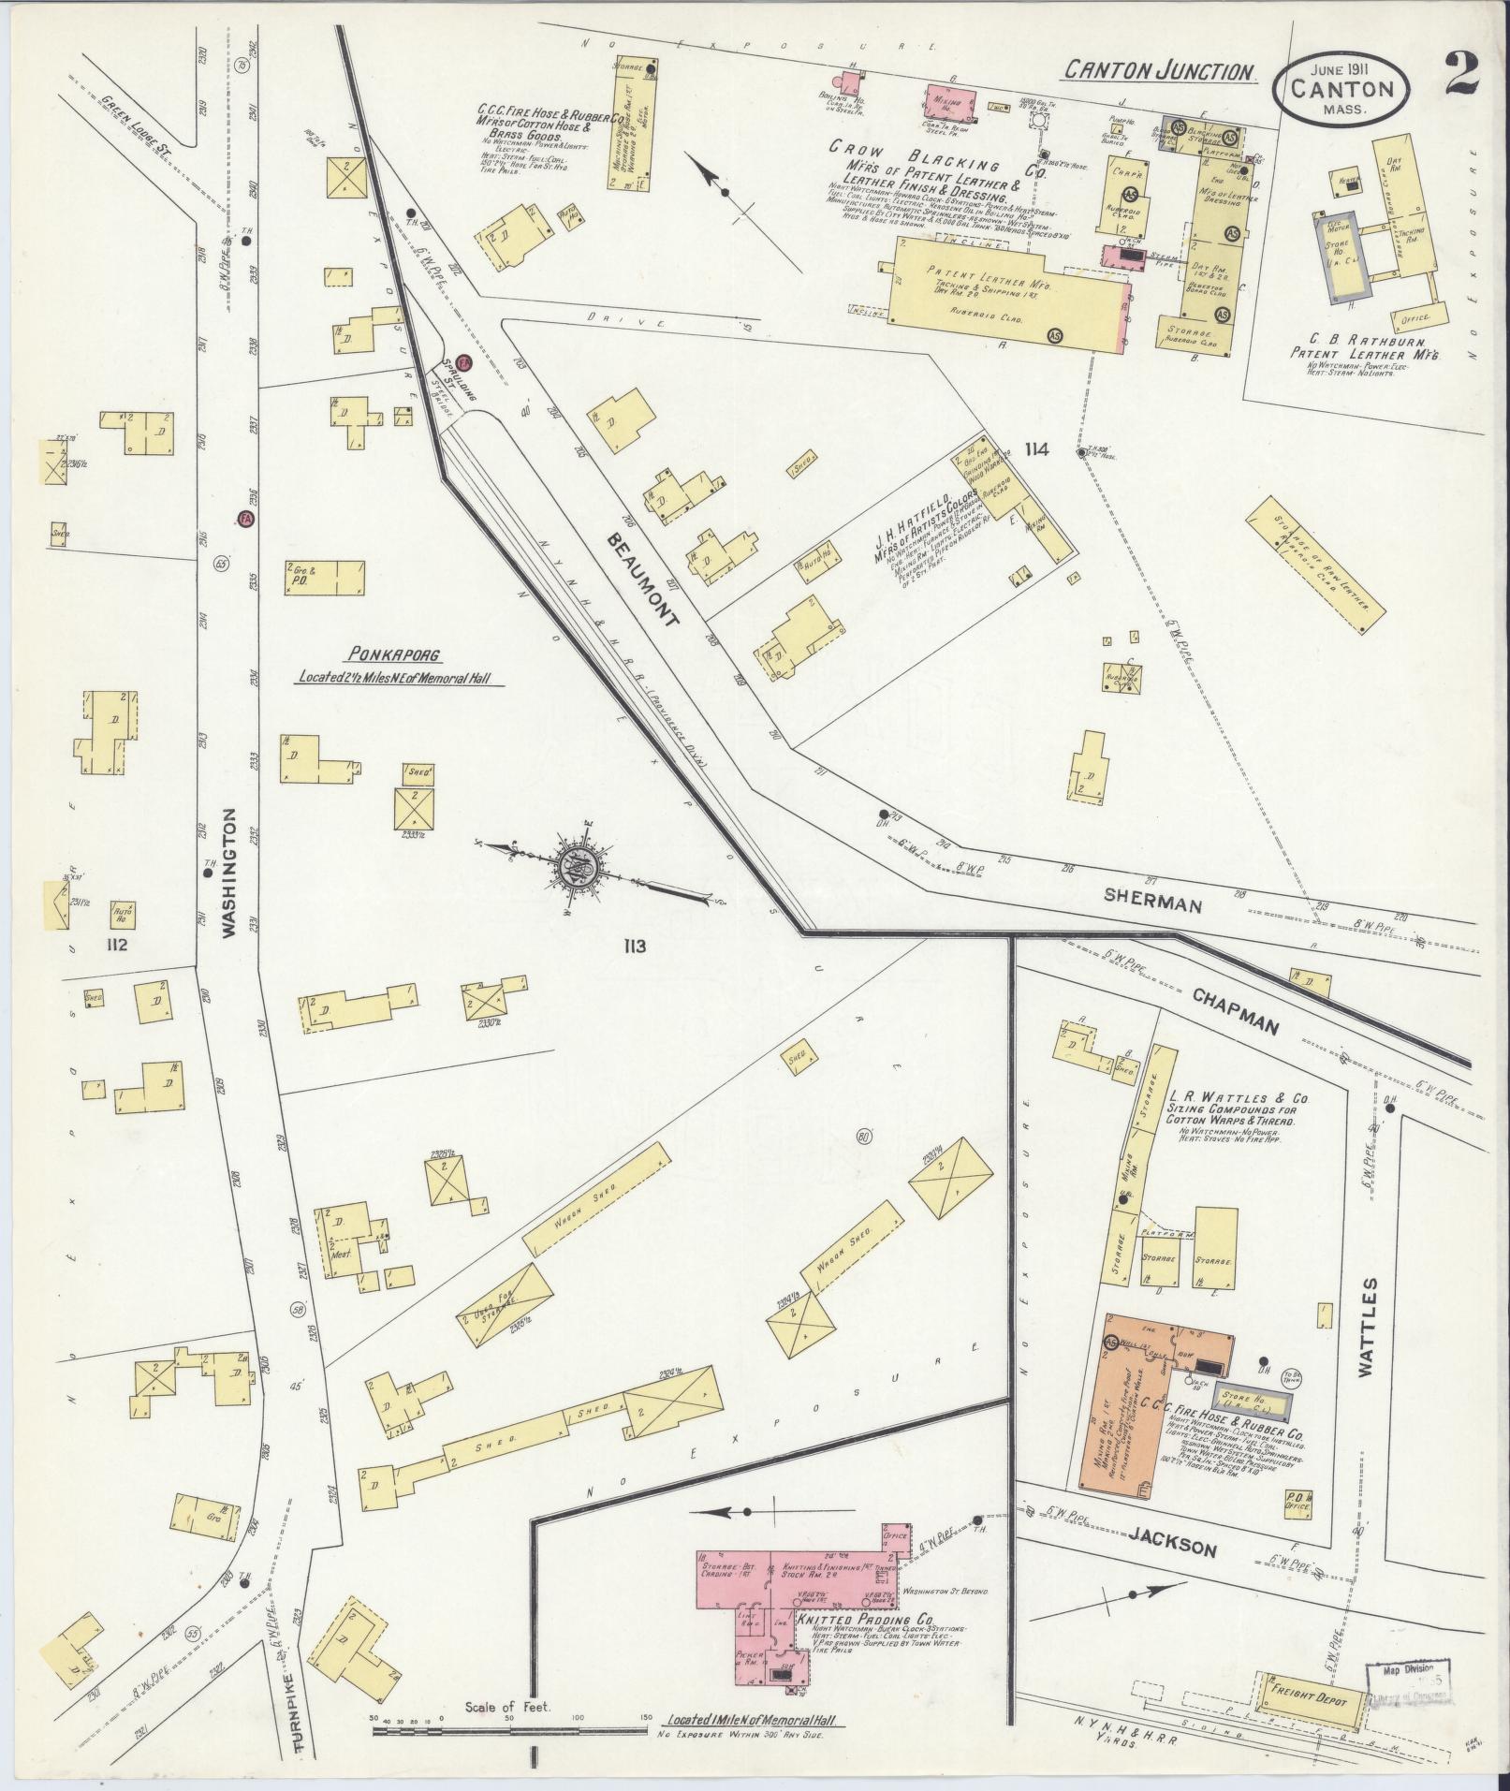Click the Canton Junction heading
tap(1159, 71)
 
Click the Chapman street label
tap(1236, 1011)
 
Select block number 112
tap(116, 945)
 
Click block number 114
tap(1036, 450)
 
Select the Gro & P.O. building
tap(323, 579)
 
